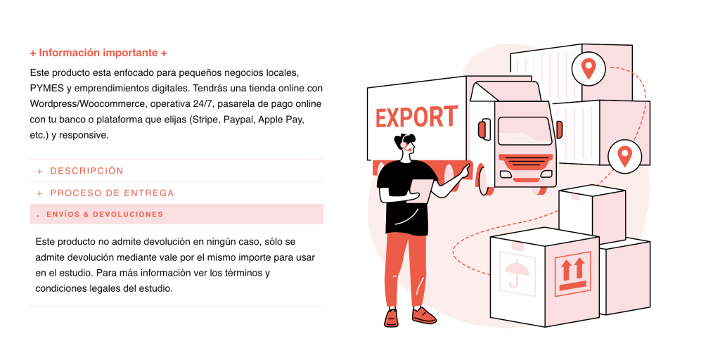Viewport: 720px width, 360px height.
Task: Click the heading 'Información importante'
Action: (98, 53)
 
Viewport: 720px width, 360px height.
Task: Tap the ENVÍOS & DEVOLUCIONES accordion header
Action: (176, 214)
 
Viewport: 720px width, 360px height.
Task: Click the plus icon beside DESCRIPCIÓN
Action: (40, 172)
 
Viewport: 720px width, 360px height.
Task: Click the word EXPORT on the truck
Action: (416, 117)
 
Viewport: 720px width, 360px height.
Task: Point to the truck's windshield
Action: (525, 131)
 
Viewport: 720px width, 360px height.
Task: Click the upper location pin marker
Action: (589, 68)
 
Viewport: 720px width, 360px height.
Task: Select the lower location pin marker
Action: (624, 155)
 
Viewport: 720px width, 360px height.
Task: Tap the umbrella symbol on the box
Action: (517, 271)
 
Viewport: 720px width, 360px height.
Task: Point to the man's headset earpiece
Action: (404, 145)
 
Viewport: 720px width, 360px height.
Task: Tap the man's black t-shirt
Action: (405, 197)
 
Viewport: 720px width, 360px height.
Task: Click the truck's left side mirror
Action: (481, 129)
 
